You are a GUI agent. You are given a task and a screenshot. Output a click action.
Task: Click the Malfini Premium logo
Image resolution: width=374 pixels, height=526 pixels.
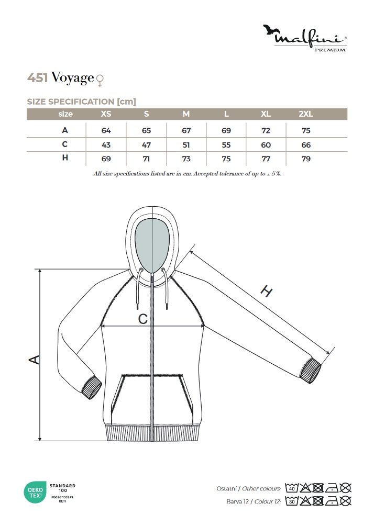(305, 38)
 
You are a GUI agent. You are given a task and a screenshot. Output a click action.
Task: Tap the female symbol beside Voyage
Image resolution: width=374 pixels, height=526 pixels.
(100, 81)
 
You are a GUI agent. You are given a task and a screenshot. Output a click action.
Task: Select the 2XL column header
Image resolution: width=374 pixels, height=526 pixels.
(306, 114)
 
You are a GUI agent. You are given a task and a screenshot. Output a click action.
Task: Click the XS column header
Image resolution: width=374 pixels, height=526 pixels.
(106, 114)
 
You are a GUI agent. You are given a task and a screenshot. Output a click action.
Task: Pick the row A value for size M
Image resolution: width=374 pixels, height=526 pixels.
(186, 130)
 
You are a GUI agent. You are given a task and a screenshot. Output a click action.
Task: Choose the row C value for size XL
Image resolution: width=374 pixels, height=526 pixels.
(266, 145)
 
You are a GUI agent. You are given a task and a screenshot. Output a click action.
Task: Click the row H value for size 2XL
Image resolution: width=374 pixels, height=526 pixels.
(306, 159)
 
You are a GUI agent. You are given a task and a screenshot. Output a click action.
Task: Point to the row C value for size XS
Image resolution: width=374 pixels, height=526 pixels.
(106, 145)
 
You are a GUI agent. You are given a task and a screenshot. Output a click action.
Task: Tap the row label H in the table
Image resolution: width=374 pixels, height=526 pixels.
(65, 158)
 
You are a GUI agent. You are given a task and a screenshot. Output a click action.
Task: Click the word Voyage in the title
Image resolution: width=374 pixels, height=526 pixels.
(72, 78)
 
